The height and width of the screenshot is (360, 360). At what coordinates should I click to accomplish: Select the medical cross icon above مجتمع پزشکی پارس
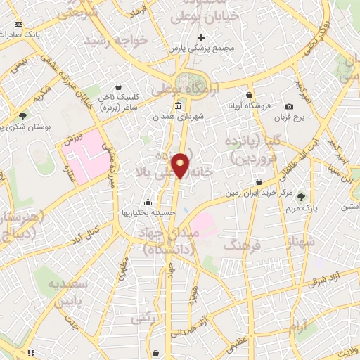(x=202, y=37)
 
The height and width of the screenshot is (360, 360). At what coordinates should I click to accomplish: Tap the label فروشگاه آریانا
(x=248, y=105)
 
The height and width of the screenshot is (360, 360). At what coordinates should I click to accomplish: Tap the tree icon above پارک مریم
(x=302, y=197)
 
